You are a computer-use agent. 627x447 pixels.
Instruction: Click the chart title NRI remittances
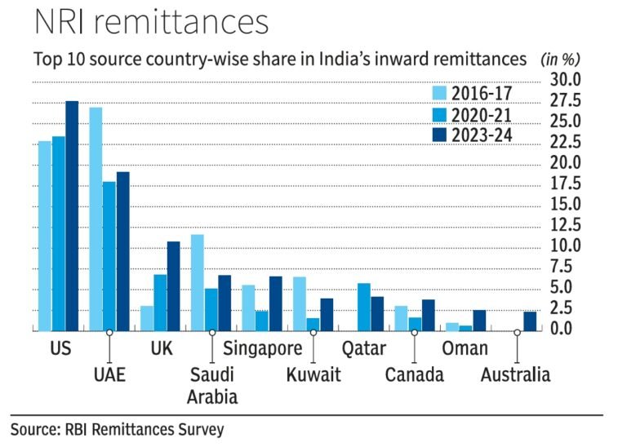tap(151, 22)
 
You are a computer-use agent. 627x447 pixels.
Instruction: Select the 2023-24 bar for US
tap(72, 216)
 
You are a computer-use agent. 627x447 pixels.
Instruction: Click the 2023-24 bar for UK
tap(173, 286)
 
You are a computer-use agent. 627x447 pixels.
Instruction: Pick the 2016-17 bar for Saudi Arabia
tap(198, 282)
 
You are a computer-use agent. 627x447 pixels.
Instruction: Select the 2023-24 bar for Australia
tap(530, 321)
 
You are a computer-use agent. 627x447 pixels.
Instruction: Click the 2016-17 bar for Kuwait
tap(299, 303)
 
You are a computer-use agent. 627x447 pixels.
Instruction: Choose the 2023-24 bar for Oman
tap(479, 321)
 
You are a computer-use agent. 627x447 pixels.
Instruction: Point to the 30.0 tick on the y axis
tap(564, 80)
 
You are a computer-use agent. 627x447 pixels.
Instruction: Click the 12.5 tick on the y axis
tap(564, 225)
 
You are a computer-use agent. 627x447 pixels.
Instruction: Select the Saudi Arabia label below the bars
tap(212, 386)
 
